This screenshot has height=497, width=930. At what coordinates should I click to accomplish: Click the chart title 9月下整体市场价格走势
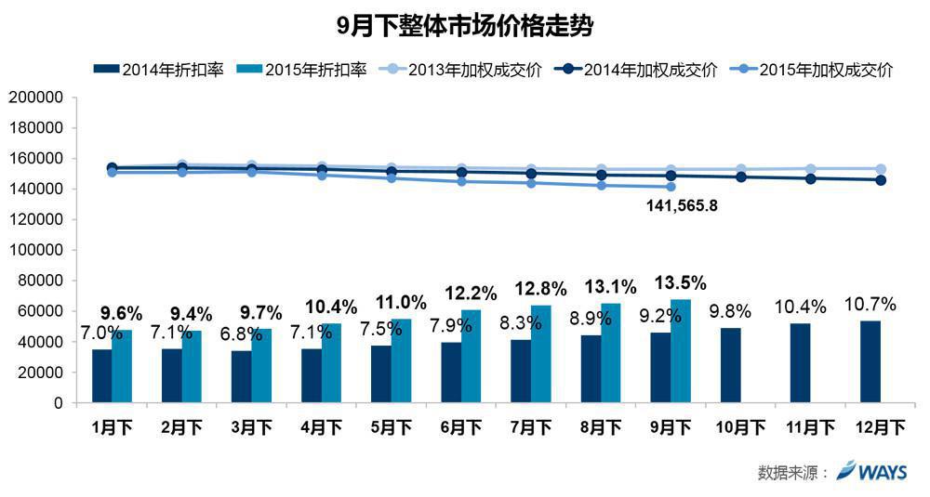465,26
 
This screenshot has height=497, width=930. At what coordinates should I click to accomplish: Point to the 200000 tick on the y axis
37,97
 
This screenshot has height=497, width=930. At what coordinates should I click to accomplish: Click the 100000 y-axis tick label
37,250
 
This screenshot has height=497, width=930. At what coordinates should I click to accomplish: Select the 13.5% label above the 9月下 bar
681,282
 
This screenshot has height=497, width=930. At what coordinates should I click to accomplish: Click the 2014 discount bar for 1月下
101,376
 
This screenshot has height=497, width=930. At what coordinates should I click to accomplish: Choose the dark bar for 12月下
870,362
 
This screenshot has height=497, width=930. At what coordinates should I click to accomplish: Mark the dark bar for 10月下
730,365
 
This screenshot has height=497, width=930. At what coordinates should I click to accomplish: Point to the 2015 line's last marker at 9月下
671,187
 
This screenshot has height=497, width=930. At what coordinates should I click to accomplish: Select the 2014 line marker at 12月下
881,180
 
